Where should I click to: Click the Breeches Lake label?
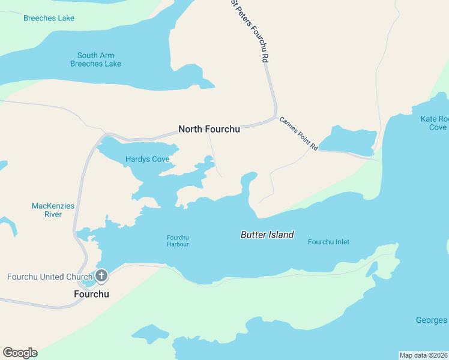click(49, 18)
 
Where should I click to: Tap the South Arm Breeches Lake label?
click(95, 60)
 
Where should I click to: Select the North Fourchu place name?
click(209, 129)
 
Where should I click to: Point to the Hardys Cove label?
click(147, 160)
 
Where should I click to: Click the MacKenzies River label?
click(53, 210)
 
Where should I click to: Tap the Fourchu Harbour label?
click(178, 241)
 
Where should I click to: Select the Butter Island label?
click(267, 235)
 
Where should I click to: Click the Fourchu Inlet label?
click(328, 242)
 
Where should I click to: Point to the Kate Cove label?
click(434, 123)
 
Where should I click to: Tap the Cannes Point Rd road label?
click(298, 133)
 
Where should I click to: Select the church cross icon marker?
click(101, 276)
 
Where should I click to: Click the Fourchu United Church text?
click(46, 277)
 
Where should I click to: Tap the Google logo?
click(20, 353)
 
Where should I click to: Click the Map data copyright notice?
click(423, 355)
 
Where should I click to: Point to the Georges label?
click(431, 320)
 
